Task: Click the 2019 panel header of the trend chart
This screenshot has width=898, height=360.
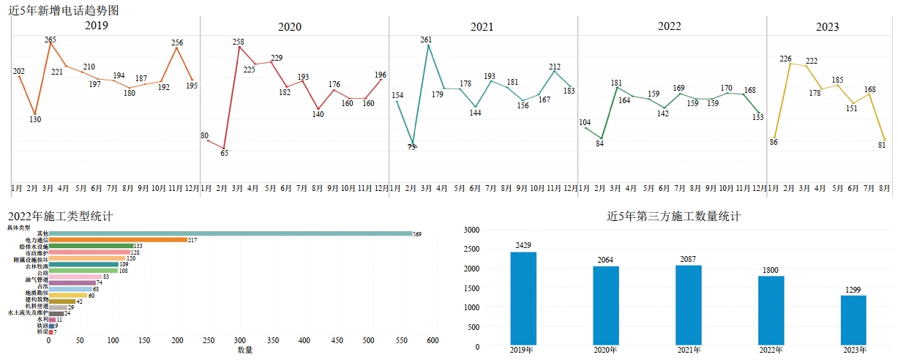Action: (97, 26)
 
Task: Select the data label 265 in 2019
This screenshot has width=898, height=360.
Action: (50, 39)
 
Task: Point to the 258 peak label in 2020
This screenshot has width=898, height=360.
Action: (238, 42)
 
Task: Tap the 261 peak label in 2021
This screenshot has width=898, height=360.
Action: (427, 40)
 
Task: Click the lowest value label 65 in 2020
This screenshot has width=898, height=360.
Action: (224, 153)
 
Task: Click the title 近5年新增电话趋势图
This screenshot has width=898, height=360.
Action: (64, 10)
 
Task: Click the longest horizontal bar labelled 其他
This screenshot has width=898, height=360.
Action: (230, 233)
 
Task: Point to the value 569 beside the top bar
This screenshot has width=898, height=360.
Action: (417, 233)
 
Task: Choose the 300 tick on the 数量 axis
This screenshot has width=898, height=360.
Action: (241, 340)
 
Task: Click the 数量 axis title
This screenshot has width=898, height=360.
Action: (245, 350)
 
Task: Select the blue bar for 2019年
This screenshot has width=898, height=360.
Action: (523, 298)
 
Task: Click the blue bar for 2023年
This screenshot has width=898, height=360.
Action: (853, 319)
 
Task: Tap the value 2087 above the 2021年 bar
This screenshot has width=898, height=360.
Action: (689, 259)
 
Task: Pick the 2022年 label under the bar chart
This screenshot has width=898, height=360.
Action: (771, 350)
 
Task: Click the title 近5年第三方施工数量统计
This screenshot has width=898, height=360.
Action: (674, 217)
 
